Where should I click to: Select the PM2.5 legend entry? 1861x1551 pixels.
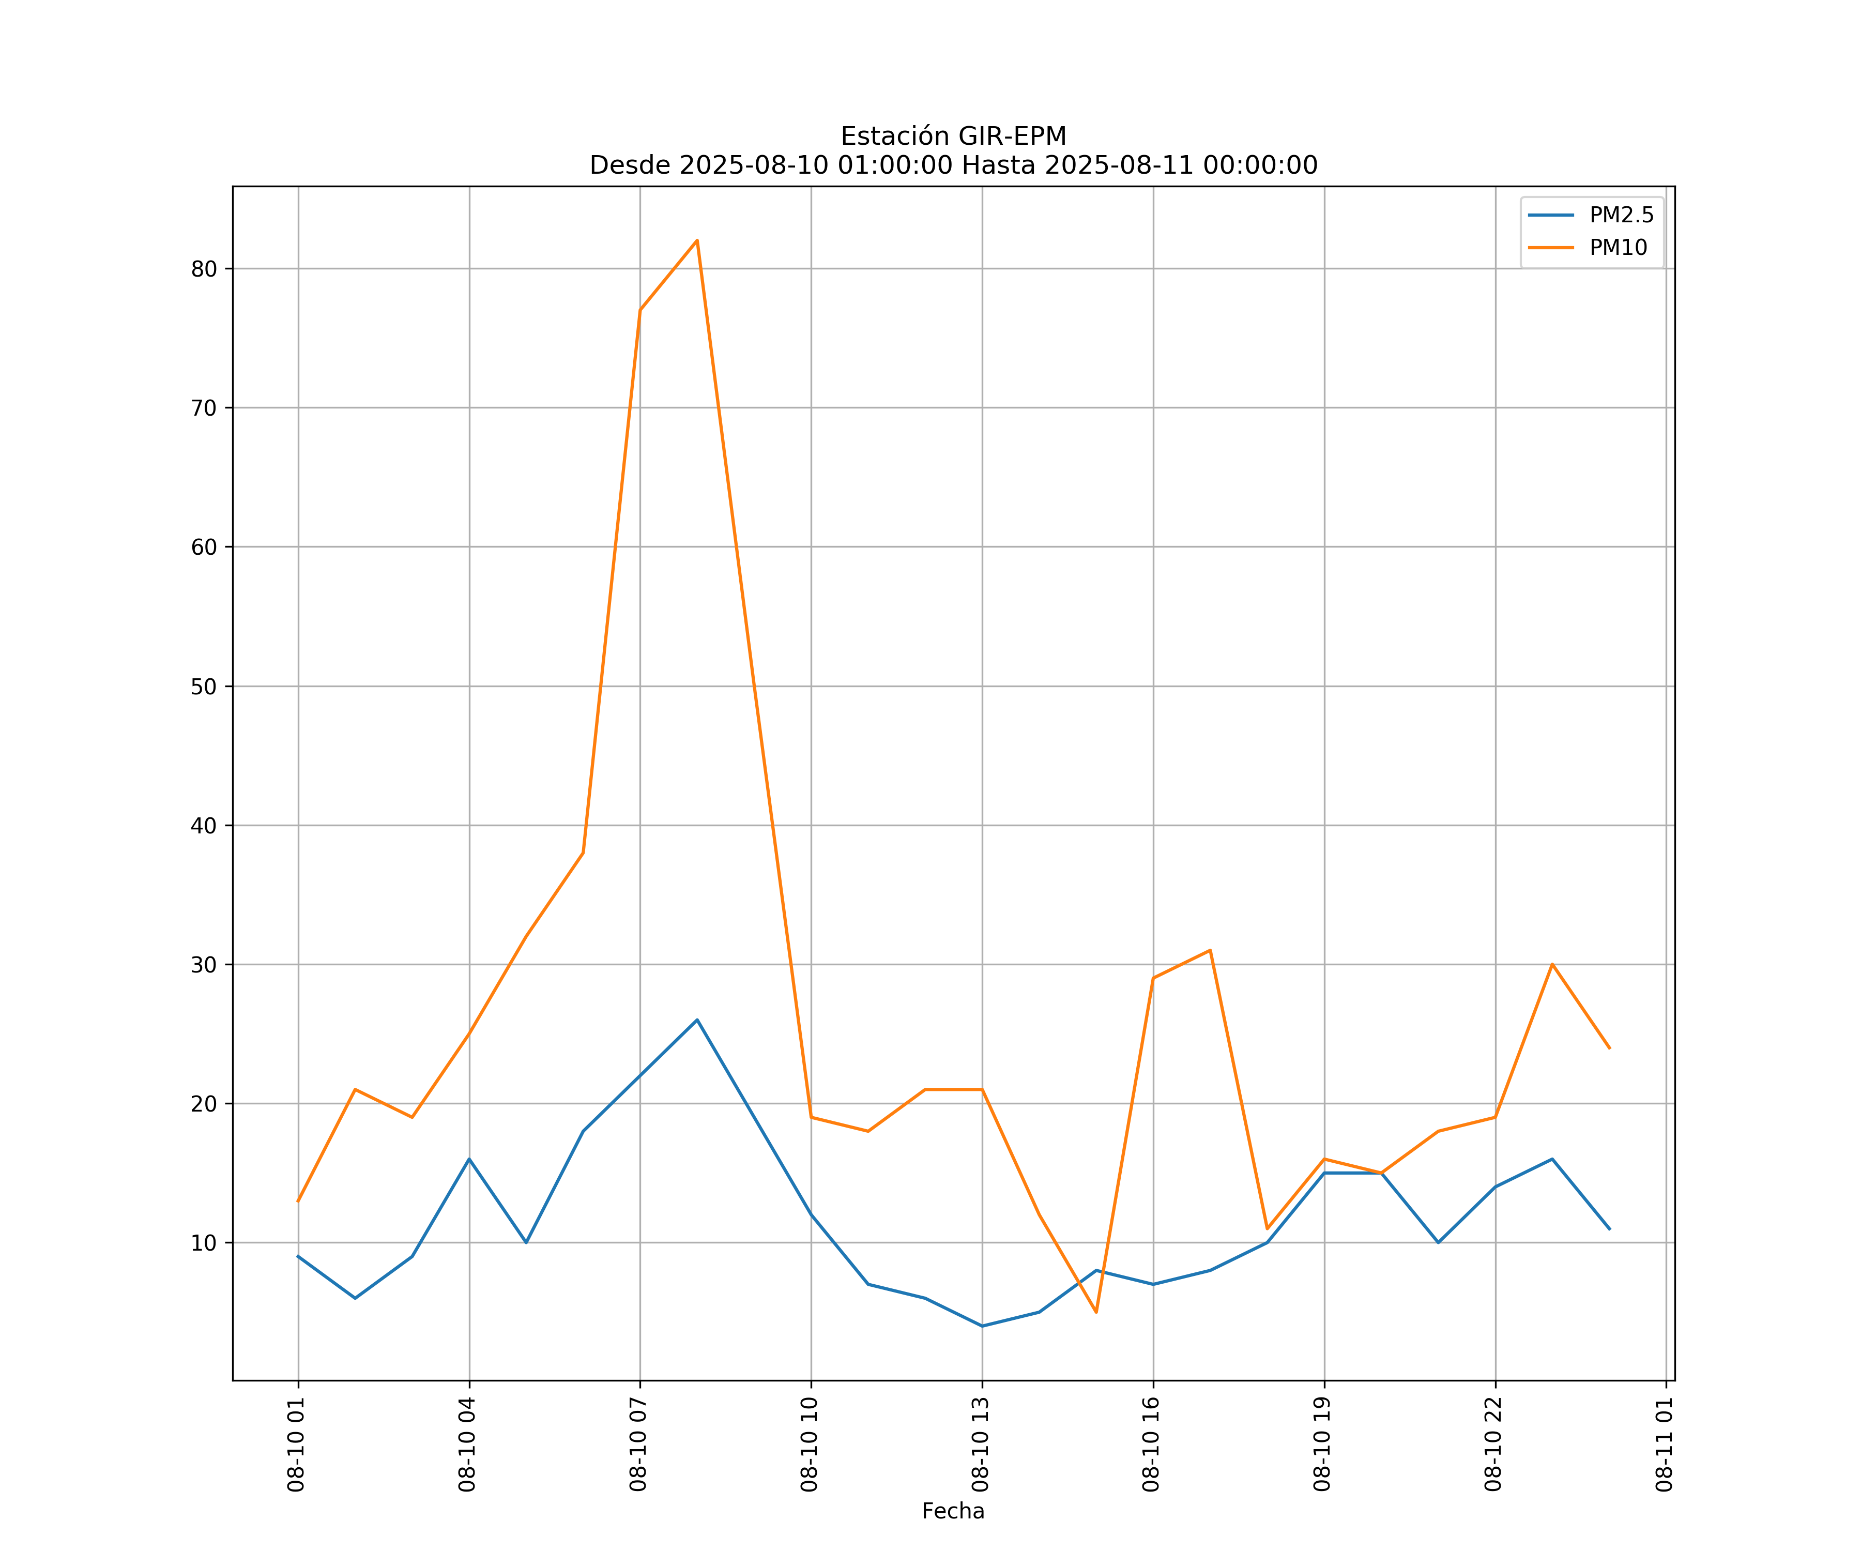[x=1621, y=216]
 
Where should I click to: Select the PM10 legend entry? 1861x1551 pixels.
[x=1618, y=248]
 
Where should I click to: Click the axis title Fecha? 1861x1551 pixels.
[x=953, y=1511]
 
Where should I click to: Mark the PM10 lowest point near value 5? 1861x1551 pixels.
[x=1096, y=1312]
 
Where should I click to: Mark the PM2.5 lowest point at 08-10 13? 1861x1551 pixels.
[x=982, y=1326]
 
